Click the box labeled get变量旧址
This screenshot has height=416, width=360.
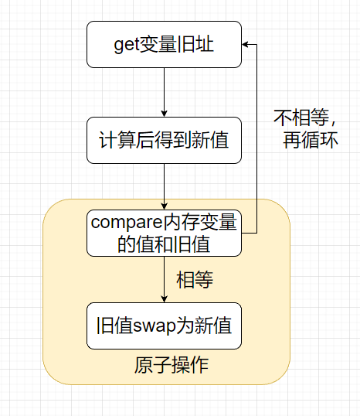click(x=164, y=45)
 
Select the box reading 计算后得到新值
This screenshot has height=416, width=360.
click(x=164, y=140)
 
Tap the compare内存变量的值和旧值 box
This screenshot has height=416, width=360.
click(x=164, y=234)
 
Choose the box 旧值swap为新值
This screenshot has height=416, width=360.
click(x=164, y=326)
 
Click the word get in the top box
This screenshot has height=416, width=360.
click(x=127, y=45)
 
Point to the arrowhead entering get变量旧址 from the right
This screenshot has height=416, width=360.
click(x=246, y=45)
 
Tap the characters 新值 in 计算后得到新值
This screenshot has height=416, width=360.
click(x=211, y=140)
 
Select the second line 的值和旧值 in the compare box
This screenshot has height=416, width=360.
click(x=164, y=244)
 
